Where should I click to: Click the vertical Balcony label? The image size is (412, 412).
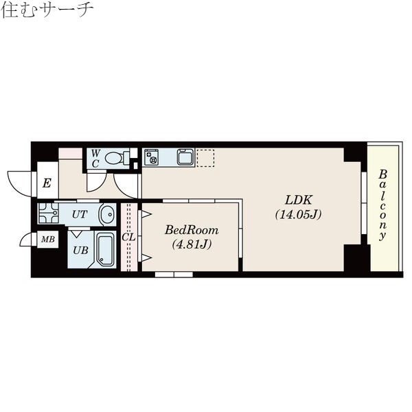383,204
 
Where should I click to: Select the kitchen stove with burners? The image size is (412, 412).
152,157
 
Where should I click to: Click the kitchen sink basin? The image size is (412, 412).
185,157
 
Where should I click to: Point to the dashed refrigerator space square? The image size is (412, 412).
206,157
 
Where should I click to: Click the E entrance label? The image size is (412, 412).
47,183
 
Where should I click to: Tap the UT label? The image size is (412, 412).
79,214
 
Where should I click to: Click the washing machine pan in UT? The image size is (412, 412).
47,214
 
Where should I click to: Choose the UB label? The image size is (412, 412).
80,250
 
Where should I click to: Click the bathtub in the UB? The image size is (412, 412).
104,251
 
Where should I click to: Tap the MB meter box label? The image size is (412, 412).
47,240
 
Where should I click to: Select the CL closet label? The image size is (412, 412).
128,237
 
